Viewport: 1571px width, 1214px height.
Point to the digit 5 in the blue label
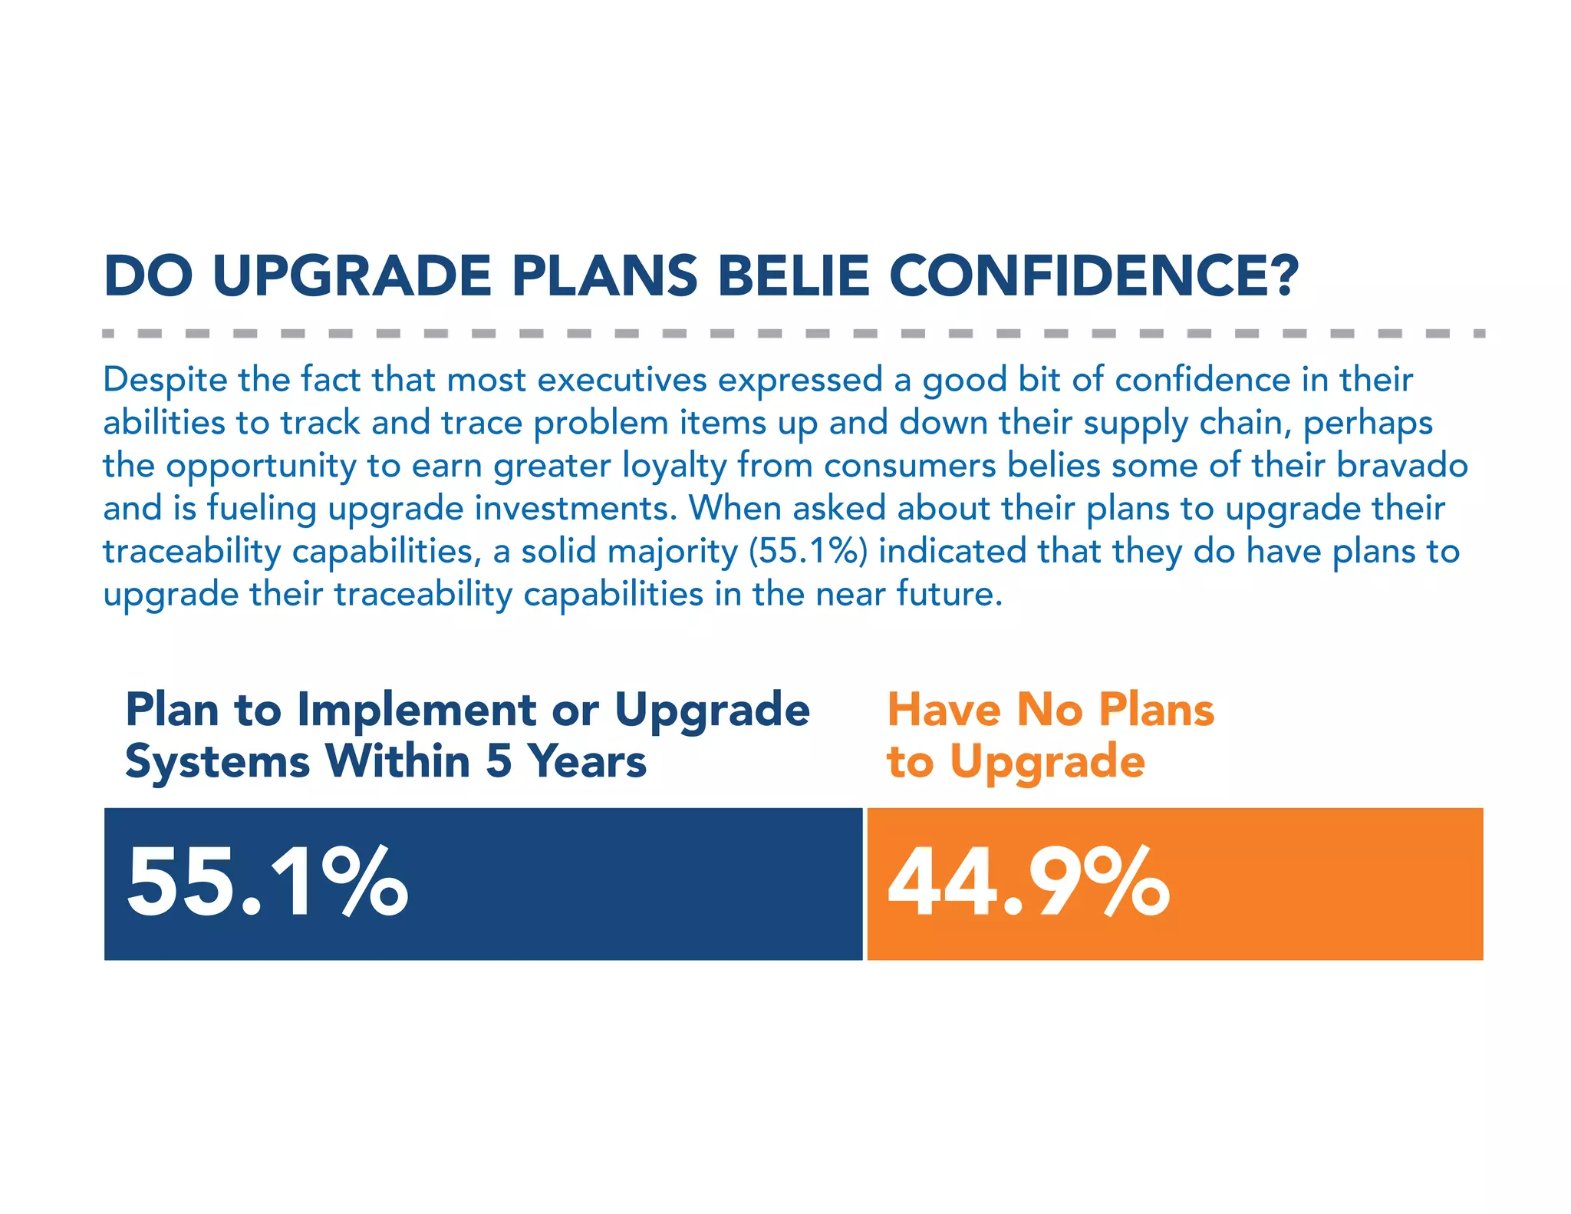(499, 761)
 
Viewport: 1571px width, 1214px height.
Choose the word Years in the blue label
(588, 761)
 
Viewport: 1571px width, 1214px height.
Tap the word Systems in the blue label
(217, 763)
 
